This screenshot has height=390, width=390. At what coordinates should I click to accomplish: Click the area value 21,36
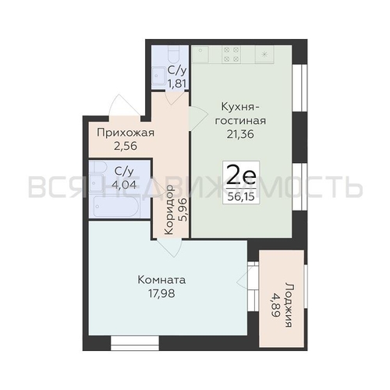[240, 134]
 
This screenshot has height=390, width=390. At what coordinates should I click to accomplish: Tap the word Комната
[161, 280]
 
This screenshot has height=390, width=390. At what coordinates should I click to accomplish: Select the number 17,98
[161, 293]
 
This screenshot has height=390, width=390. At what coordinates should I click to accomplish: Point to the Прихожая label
[126, 133]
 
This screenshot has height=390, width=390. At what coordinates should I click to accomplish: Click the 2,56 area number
[126, 146]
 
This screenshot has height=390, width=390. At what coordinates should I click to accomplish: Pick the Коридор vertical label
[169, 210]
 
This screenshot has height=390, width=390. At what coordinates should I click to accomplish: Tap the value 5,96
[183, 209]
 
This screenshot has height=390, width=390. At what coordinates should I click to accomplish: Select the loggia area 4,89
[275, 305]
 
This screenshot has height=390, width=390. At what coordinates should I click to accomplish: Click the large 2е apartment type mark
[241, 175]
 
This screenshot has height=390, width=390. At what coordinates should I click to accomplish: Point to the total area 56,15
[241, 197]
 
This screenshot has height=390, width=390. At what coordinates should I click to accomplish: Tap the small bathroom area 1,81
[177, 83]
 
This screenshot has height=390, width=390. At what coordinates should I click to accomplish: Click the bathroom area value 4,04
[124, 184]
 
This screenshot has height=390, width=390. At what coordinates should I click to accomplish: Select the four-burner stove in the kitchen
[231, 55]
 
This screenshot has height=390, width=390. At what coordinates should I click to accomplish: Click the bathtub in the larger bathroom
[116, 207]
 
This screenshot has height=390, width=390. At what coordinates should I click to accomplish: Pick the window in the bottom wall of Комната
[135, 343]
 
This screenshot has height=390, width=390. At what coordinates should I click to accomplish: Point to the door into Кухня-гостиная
[198, 119]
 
